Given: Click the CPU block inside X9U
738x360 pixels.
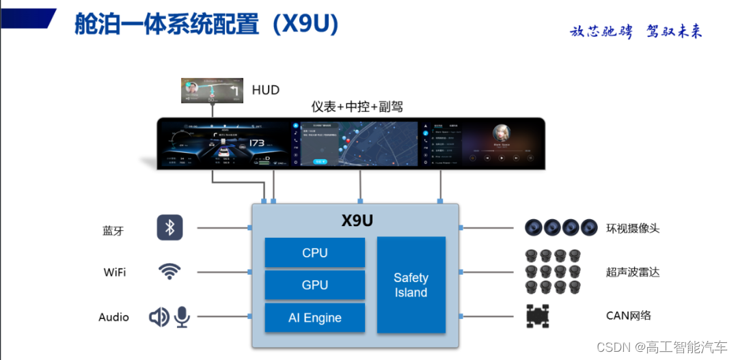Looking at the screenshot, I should coord(314,253).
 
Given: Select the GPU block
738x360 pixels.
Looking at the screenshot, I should coord(314,285).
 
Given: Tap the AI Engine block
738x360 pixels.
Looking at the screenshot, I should coord(314,318).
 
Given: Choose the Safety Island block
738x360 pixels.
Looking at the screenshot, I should coord(411,285).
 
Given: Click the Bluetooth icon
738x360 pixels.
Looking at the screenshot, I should coord(170,227).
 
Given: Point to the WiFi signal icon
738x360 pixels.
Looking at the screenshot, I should coord(170,271).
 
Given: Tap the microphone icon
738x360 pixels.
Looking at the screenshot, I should coord(182,316).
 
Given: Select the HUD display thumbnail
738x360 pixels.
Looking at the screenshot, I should coord(213,91).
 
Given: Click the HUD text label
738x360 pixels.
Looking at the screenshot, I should coord(265,90).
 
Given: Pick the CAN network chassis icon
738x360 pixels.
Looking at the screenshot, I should coord(538,316).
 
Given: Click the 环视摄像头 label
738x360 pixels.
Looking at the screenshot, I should coord(633,228).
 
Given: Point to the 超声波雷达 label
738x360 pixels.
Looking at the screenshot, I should coord(633,272).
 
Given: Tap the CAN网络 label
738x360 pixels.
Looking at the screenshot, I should coord(629,316).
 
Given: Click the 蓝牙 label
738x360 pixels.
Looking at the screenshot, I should coord(113,231).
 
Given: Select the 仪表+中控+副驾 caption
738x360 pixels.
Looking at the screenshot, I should coord(357,107).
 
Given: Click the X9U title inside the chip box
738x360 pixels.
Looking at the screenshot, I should coord(357,221).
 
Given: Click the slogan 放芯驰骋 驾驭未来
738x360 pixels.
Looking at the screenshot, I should coord(635,31).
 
